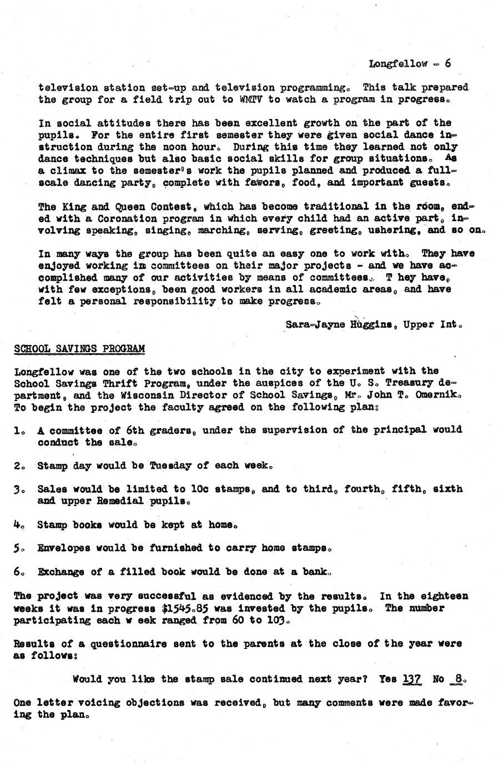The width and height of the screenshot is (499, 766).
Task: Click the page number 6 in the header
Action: [447, 63]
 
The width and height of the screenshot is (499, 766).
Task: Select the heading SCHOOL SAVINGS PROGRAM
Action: [79, 349]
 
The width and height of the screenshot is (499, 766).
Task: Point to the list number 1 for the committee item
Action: [18, 430]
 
